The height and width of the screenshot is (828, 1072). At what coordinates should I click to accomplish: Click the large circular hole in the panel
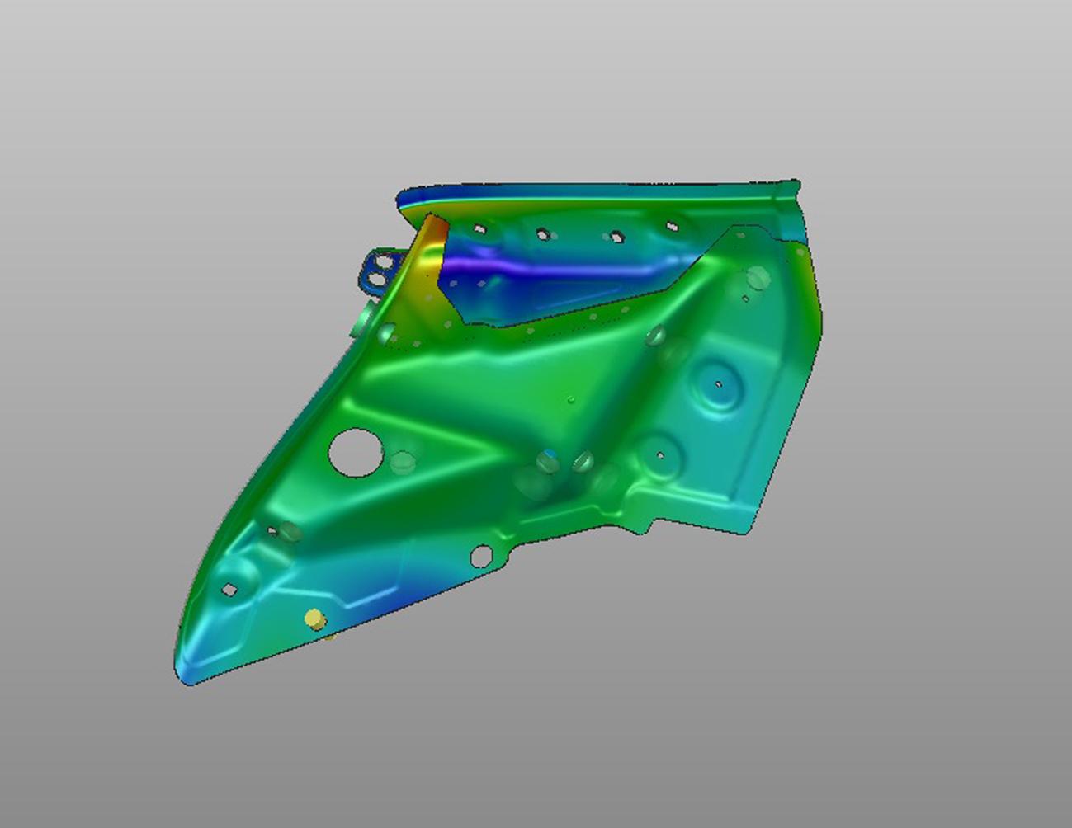pos(356,452)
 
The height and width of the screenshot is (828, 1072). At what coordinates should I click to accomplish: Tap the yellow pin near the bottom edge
pos(314,619)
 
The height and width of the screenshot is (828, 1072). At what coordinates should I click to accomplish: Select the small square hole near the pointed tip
pos(230,589)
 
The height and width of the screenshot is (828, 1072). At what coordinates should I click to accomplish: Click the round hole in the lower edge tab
pos(480,557)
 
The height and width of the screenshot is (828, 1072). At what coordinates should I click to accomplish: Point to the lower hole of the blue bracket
pos(376,280)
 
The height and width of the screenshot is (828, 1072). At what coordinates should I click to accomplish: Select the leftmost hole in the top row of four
pos(479,228)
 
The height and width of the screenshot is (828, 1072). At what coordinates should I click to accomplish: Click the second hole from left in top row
pos(542,234)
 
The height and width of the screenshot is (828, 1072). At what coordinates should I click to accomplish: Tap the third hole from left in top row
pos(615,237)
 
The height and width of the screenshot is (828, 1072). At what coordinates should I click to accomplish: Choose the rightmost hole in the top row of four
pos(672,226)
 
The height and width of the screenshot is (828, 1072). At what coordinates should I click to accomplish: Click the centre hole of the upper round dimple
pos(718,384)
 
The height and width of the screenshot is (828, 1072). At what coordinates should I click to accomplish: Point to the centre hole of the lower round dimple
pos(660,454)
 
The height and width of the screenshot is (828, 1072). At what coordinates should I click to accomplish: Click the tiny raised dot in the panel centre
pos(571,401)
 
